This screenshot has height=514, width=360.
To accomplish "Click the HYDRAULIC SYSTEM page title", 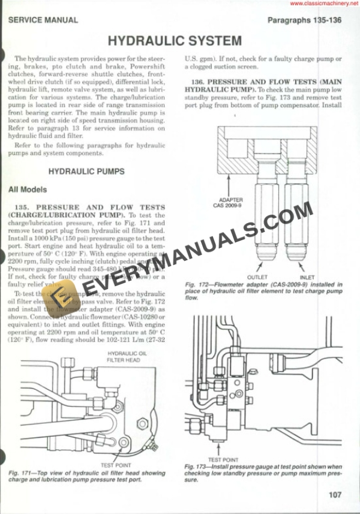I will [175, 41].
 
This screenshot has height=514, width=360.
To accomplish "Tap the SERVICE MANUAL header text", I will [43, 20].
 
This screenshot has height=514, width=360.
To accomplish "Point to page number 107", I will [335, 495].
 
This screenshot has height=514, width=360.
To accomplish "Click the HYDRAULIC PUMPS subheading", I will [86, 171].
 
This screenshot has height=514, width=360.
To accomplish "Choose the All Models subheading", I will [28, 190].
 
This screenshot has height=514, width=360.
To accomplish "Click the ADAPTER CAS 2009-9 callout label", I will [231, 203].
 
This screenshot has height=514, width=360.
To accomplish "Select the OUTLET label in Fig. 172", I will [257, 277].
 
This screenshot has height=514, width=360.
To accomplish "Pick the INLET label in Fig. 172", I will [307, 277].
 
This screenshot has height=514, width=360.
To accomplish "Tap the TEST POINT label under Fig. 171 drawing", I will [115, 465].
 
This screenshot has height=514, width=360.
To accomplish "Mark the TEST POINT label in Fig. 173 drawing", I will [224, 459].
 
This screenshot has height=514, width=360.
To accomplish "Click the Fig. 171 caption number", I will [19, 473].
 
